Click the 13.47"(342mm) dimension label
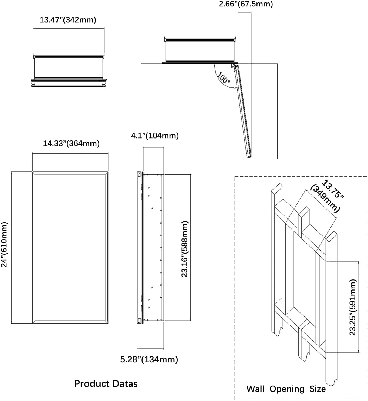68,20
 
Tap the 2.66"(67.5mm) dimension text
245,4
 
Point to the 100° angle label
224,78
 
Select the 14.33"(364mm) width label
71,143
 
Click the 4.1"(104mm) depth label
155,136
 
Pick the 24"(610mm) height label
4,244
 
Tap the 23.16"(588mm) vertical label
185,249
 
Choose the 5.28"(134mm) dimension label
149,359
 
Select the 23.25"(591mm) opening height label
353,307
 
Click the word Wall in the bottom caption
255,389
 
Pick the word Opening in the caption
287,389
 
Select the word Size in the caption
318,389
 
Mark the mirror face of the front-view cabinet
70,247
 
